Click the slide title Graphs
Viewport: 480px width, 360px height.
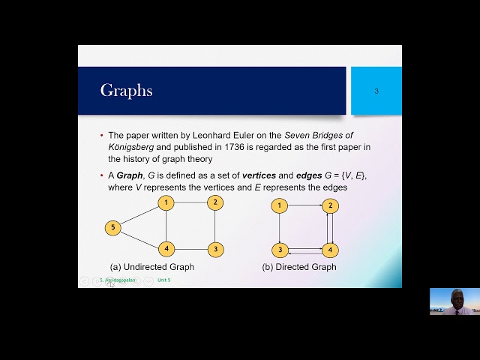pos(126,91)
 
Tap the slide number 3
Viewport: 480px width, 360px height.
pos(376,91)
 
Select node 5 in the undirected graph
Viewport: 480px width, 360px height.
pos(112,228)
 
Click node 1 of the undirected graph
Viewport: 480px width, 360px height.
pos(166,202)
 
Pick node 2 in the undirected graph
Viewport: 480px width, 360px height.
pos(215,202)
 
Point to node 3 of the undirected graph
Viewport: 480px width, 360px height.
pos(215,249)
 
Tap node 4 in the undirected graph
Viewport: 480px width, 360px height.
pos(166,249)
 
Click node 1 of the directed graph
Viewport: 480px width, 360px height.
pos(279,205)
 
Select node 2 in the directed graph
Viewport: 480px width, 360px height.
pos(328,205)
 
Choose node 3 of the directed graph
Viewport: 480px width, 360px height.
pos(279,250)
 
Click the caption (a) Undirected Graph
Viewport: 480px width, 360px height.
pos(152,267)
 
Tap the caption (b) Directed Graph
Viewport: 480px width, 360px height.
pos(299,267)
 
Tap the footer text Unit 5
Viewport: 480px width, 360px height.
pos(163,280)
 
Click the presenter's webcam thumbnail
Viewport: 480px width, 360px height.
pos(454,301)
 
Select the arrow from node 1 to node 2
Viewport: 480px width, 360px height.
pos(304,205)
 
